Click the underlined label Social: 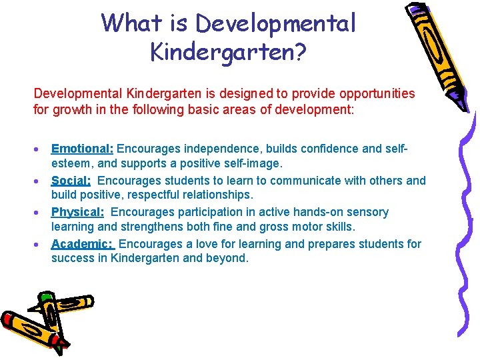(x=71, y=181)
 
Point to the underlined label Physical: (x=77, y=212)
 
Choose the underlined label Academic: (x=83, y=244)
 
